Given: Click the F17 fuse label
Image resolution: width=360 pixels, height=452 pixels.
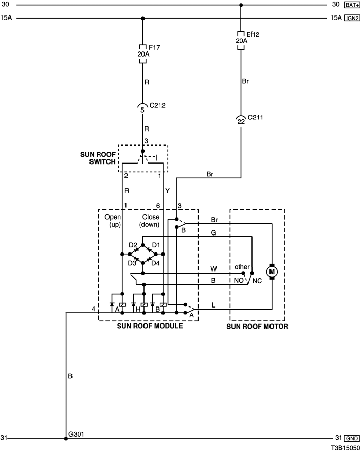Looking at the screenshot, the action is coord(154,47).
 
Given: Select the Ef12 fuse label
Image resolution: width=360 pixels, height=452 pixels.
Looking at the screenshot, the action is coord(253,34).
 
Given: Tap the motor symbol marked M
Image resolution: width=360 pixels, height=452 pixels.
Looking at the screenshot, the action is coord(272,272).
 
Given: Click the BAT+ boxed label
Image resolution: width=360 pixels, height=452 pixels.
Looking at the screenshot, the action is coord(352,5).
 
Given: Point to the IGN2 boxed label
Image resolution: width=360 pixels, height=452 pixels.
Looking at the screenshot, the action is coord(352,18).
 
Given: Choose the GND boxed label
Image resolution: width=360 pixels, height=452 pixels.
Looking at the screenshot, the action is coord(352,438).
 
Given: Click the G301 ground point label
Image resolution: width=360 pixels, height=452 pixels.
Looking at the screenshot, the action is coord(76,434).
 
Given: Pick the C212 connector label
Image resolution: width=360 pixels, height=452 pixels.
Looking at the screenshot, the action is coord(157,105).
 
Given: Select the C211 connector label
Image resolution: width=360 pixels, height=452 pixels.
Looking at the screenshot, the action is coord(256,117).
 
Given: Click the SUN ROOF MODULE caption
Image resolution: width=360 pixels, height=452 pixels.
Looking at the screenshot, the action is coord(150,326).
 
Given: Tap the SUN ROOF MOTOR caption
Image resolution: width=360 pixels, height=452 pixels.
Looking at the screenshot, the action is coord(257,327).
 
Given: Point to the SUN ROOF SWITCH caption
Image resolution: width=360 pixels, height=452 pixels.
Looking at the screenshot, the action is coord(98,158).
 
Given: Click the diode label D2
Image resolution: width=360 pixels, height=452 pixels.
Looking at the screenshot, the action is coord(133,245).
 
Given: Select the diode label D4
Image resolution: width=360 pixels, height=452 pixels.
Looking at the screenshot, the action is coord(155,263).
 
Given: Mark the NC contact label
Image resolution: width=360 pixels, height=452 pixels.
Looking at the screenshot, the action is coord(257,281).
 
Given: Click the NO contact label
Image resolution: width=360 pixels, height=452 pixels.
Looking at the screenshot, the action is coord(239,280).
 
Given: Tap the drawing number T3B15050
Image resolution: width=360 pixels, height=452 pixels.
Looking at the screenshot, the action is coord(345,448).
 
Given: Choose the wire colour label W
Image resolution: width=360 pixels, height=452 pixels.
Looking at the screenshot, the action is coord(213,269).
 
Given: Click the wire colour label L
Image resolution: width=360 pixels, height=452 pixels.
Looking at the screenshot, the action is coord(213,305).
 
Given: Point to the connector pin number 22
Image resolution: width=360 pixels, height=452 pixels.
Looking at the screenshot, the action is coord(241,122).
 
